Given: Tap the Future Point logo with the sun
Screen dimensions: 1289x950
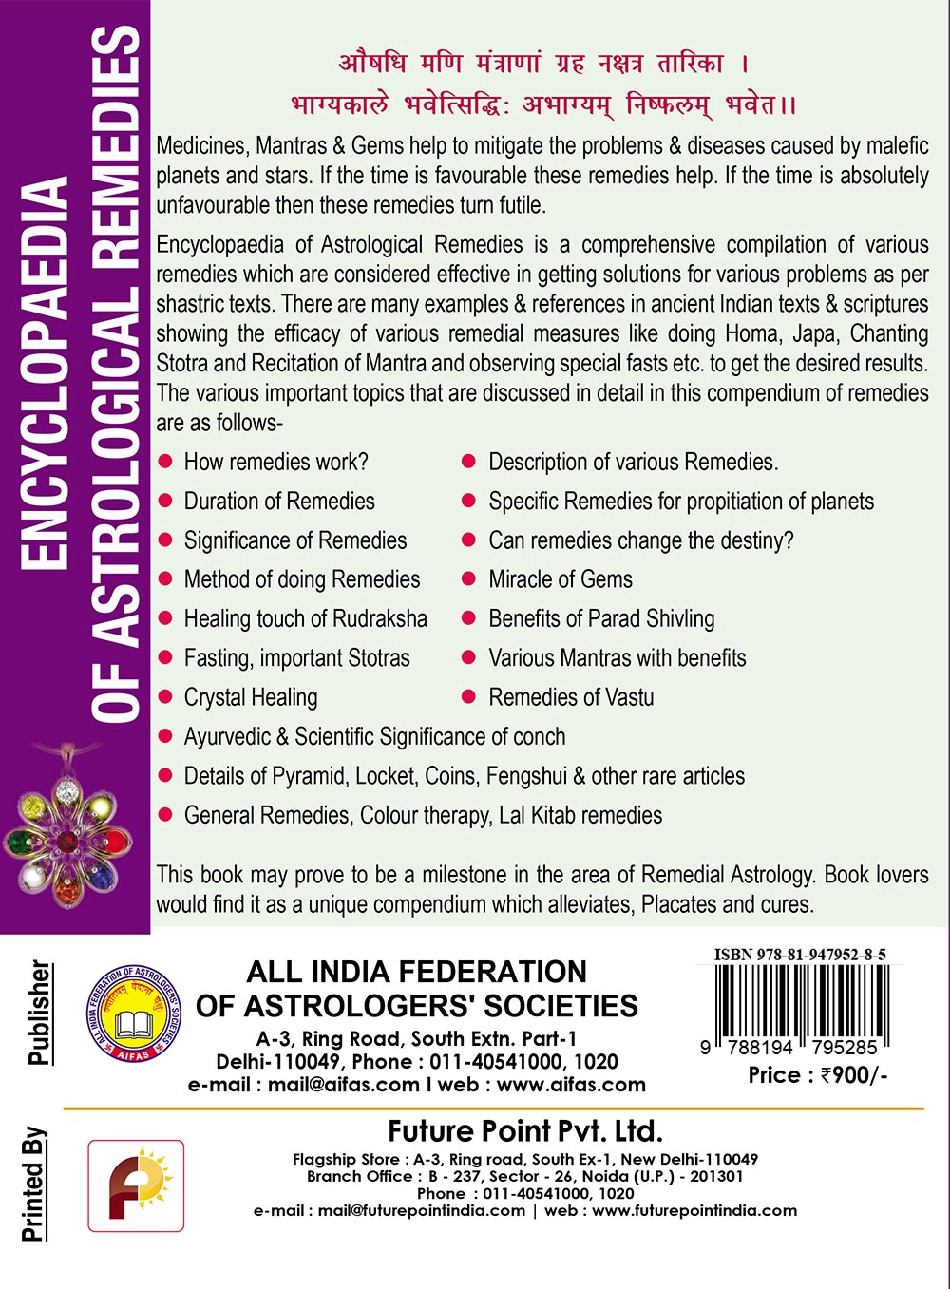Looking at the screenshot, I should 136,1185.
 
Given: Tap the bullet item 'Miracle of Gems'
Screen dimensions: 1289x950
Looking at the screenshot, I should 560,579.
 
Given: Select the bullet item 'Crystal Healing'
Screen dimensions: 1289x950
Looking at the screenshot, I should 251,697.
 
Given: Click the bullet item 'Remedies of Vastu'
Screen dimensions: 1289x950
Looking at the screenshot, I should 571,697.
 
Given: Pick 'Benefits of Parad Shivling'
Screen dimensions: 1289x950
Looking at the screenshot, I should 601,618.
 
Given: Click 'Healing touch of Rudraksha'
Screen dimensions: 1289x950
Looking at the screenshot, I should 305,618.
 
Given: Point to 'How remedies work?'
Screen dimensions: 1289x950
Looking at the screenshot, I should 275,463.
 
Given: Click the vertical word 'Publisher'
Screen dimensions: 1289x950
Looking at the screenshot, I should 39,1013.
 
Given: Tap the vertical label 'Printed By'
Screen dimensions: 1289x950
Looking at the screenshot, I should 34,1185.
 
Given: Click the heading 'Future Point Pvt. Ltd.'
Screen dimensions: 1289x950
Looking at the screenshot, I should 524,1131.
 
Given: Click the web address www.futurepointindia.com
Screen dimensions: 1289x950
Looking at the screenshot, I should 694,1210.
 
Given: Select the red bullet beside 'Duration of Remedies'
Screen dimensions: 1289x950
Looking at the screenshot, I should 165,501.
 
